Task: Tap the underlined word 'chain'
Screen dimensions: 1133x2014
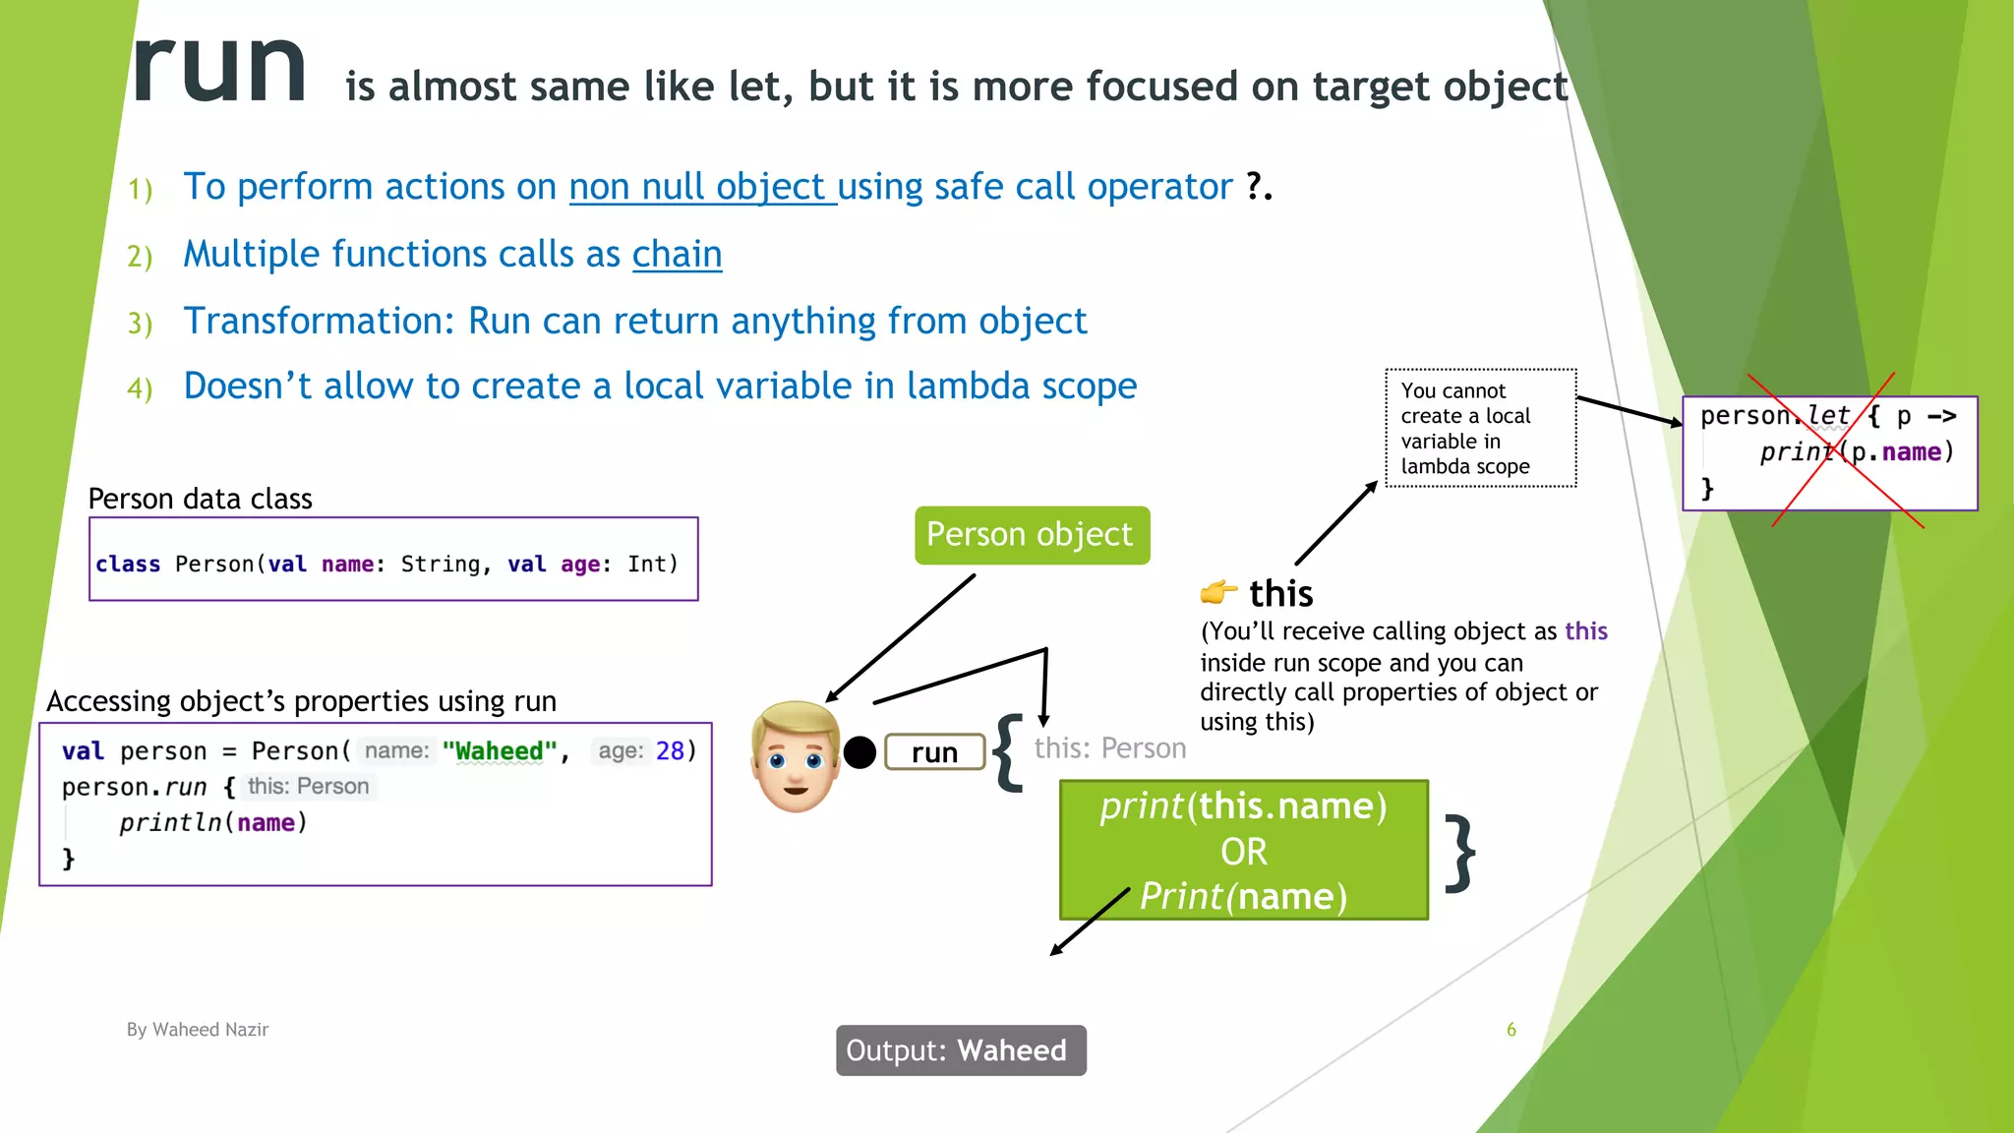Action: pos(677,255)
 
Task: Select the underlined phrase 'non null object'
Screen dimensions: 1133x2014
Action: pos(701,187)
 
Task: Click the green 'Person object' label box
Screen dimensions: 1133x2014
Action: pos(1031,535)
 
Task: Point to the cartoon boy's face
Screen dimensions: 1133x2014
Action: pos(795,756)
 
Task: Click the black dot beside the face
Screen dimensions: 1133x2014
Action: pos(859,752)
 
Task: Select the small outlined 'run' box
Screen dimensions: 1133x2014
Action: pos(934,752)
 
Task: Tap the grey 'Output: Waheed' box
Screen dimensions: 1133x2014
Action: pos(961,1050)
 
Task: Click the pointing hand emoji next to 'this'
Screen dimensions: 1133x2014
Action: pos(1217,592)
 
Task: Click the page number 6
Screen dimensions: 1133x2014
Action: pos(1511,1030)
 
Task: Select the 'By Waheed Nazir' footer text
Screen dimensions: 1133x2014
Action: pos(198,1030)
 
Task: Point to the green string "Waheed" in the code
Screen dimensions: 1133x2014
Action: pos(500,751)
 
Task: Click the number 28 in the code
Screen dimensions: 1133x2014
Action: pos(670,751)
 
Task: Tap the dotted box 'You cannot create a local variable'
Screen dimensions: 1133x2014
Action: pos(1480,429)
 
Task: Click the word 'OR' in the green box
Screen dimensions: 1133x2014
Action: pos(1243,852)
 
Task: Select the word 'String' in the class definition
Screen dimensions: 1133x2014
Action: pos(441,565)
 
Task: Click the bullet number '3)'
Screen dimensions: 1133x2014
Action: pos(140,324)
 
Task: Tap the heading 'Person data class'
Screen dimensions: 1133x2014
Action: pos(201,499)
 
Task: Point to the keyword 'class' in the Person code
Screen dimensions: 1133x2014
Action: pos(128,565)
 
